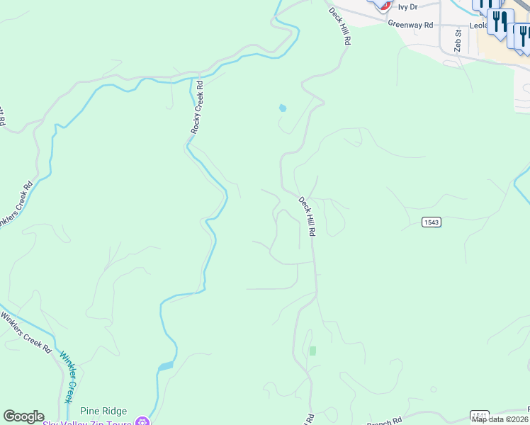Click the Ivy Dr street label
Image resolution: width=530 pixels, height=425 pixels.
(x=408, y=7)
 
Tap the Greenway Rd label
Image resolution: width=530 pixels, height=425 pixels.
(x=410, y=24)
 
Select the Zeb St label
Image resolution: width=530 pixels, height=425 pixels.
(x=458, y=41)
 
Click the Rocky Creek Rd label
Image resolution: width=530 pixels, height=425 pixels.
(x=197, y=107)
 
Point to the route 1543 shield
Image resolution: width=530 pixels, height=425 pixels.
(x=432, y=222)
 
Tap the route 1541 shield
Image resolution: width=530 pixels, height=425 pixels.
(x=480, y=414)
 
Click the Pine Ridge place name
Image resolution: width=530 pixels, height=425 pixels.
(x=103, y=411)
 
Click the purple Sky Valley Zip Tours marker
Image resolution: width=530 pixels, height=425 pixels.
(x=143, y=421)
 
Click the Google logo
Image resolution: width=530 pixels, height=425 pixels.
(x=23, y=416)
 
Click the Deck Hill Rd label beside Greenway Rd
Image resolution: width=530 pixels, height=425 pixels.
(x=340, y=26)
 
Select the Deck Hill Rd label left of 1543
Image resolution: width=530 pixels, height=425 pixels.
(x=307, y=216)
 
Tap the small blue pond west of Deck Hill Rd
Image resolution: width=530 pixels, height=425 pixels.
(x=283, y=108)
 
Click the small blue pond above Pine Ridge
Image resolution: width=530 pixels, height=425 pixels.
(x=165, y=366)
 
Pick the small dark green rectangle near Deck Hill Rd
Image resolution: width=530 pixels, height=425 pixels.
(x=312, y=351)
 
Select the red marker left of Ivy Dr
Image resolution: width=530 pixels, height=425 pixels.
(x=383, y=5)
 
